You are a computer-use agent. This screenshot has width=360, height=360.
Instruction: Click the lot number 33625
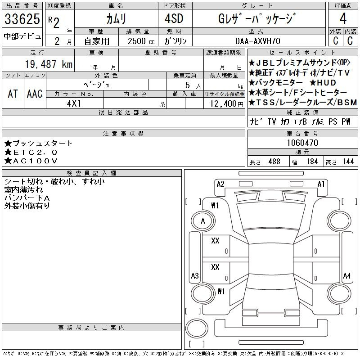[22, 19]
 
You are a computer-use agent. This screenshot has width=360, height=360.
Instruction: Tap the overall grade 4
[343, 18]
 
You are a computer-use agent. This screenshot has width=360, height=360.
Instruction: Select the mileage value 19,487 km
[49, 64]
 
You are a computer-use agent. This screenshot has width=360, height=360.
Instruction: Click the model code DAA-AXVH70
[257, 41]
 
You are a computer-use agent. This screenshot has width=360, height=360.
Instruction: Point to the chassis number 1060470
[302, 143]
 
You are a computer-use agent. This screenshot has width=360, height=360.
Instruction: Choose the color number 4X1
[74, 103]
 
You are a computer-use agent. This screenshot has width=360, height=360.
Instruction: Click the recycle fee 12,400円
[227, 104]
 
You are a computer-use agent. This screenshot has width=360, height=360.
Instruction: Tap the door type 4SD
[174, 18]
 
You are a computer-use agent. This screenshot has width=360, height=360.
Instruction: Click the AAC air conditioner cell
[35, 94]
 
